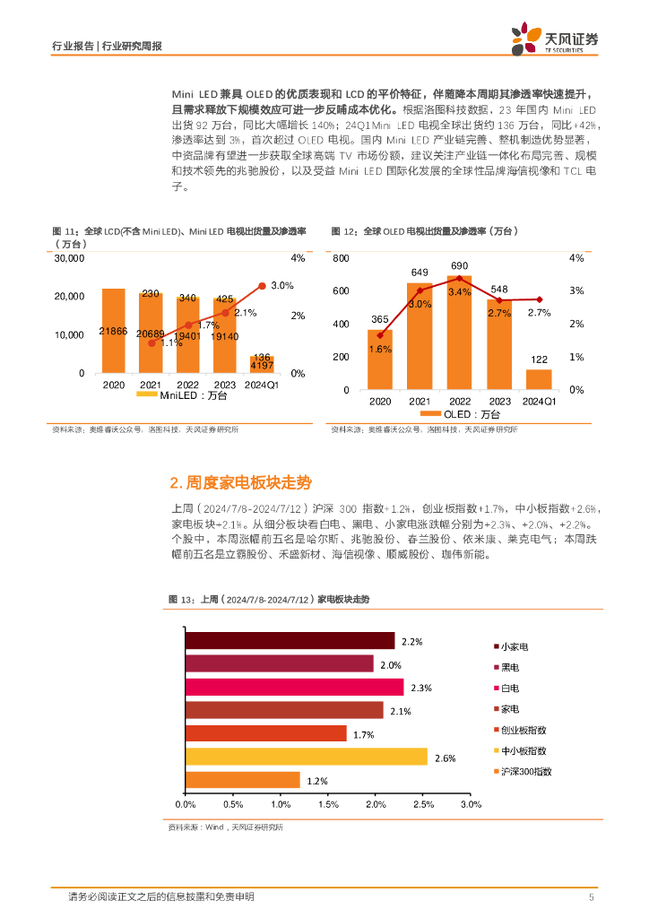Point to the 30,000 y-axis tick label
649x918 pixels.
point(69,258)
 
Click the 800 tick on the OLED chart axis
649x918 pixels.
point(340,258)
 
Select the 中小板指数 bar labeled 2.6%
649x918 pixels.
point(306,758)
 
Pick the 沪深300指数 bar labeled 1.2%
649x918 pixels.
point(242,780)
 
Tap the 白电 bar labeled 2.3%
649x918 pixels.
point(294,687)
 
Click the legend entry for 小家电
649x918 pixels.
point(514,645)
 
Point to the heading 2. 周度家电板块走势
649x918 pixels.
point(240,482)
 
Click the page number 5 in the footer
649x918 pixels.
point(591,897)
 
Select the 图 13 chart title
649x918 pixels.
point(269,599)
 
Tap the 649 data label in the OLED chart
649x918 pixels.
point(420,273)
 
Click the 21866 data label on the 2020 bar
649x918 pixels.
point(114,332)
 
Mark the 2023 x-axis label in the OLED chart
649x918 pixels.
point(499,401)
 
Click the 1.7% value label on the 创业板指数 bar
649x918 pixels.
point(363,734)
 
